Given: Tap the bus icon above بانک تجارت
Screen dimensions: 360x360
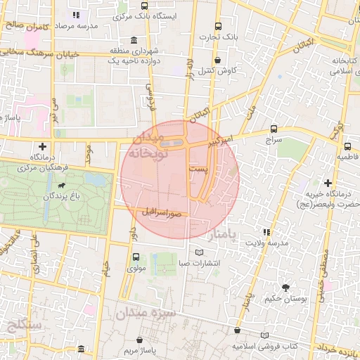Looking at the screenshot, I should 219,25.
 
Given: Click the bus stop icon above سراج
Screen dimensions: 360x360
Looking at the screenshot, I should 274,129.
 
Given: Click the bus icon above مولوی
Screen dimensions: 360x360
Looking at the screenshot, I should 136,256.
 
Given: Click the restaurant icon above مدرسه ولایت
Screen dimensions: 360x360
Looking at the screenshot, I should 266,231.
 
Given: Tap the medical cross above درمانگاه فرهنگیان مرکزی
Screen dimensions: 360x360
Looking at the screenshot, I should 43,146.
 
